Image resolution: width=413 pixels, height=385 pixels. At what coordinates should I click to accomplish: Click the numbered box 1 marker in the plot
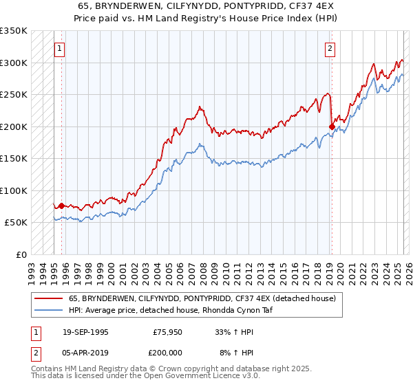tap(61, 49)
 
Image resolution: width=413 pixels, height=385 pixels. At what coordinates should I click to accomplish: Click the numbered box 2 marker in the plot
tap(330, 49)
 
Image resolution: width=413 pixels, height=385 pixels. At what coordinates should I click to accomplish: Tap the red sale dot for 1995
tap(61, 206)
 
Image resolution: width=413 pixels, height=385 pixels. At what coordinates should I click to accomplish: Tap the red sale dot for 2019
tap(332, 126)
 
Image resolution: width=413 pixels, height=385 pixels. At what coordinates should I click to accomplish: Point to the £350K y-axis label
tap(14, 31)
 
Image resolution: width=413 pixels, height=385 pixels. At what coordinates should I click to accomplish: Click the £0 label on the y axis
tap(22, 254)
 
